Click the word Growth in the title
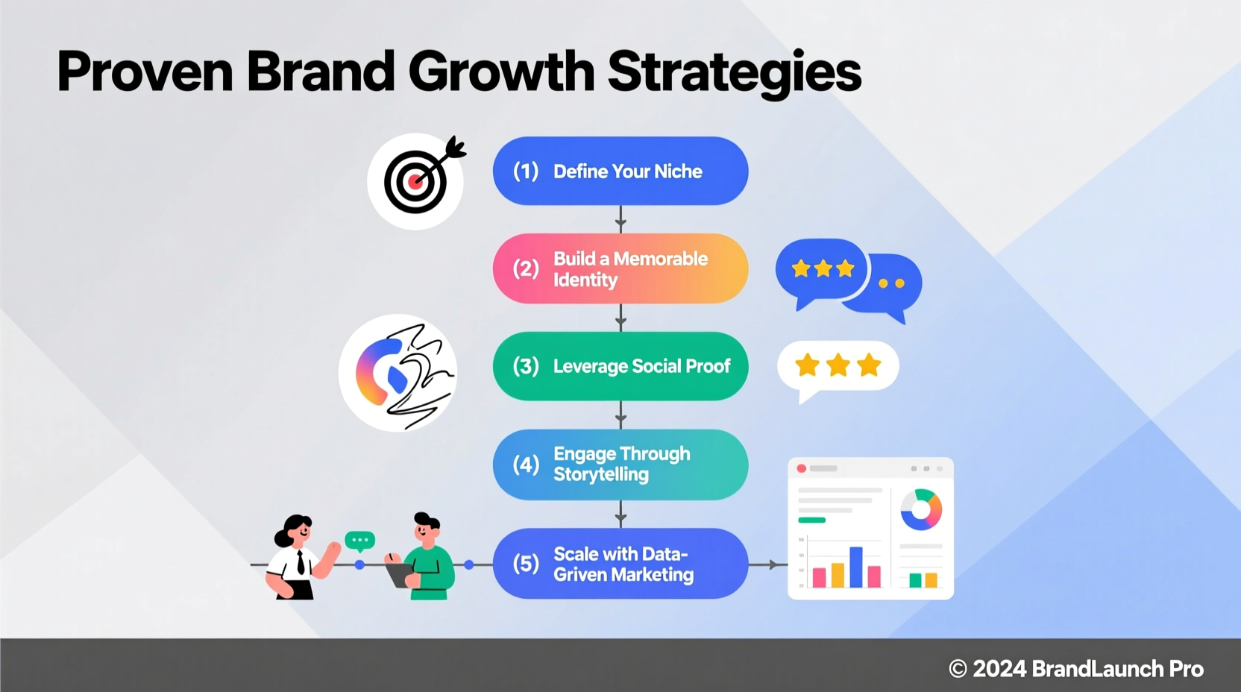coord(500,72)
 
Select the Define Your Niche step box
coord(620,171)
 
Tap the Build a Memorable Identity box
coord(620,268)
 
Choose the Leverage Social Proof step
coord(620,366)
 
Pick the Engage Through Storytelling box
coord(620,465)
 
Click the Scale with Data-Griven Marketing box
coord(620,564)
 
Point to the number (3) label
coord(526,366)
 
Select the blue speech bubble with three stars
coord(821,269)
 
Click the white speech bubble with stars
coord(838,366)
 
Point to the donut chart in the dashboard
coord(921,509)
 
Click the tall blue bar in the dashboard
coord(856,567)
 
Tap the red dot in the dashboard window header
coord(802,468)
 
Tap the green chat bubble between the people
coord(360,540)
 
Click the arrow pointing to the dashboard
coord(768,564)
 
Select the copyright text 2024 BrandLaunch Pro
coord(1075,669)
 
